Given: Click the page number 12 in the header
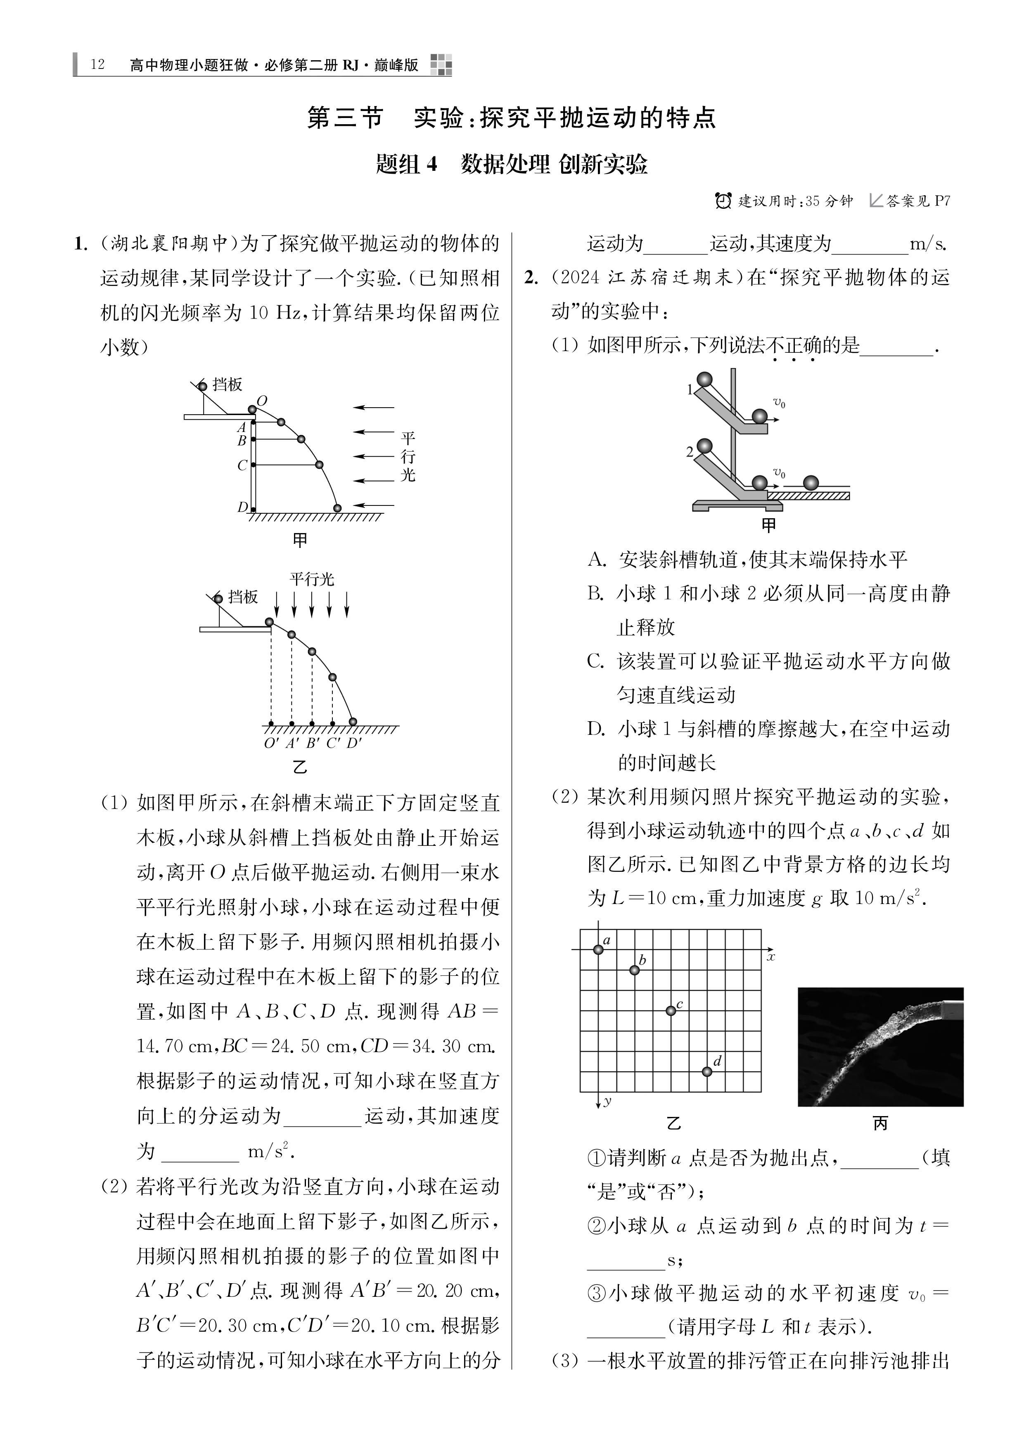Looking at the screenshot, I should [98, 65].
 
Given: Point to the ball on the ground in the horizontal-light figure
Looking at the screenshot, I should [337, 508].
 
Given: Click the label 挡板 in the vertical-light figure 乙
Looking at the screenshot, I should [243, 596].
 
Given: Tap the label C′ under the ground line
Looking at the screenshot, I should [334, 744].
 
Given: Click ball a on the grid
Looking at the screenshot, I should [598, 949].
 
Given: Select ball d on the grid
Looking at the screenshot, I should [707, 1072].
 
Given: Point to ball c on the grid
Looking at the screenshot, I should [671, 1010].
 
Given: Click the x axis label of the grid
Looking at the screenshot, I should [770, 957].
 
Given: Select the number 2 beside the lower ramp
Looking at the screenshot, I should [690, 451].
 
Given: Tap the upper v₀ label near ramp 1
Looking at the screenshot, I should [779, 403].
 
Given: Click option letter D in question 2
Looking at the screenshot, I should [595, 729].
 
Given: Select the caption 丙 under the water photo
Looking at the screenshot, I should [880, 1123].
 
